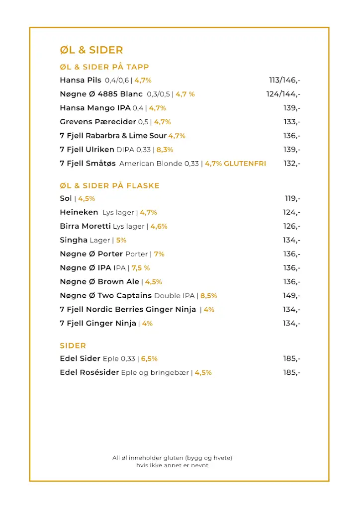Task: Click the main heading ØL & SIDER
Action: (91, 50)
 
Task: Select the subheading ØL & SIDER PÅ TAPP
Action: (104, 67)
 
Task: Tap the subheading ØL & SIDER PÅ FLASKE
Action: (109, 186)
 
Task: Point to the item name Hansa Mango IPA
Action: (95, 108)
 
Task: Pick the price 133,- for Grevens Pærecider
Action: (292, 122)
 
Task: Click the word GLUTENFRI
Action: (245, 164)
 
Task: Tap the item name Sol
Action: (66, 198)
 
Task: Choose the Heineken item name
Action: (79, 212)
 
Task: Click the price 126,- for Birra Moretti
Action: (292, 226)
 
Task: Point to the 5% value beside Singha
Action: (121, 240)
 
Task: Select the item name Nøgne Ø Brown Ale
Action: (99, 282)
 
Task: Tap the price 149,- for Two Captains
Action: (292, 296)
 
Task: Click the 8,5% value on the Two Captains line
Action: (209, 296)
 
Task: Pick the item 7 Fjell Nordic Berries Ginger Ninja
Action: (128, 310)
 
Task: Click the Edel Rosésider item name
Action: (90, 372)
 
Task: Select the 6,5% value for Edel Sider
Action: (149, 358)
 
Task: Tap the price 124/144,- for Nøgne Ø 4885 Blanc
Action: (283, 94)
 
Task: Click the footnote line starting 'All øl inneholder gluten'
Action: (172, 458)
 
